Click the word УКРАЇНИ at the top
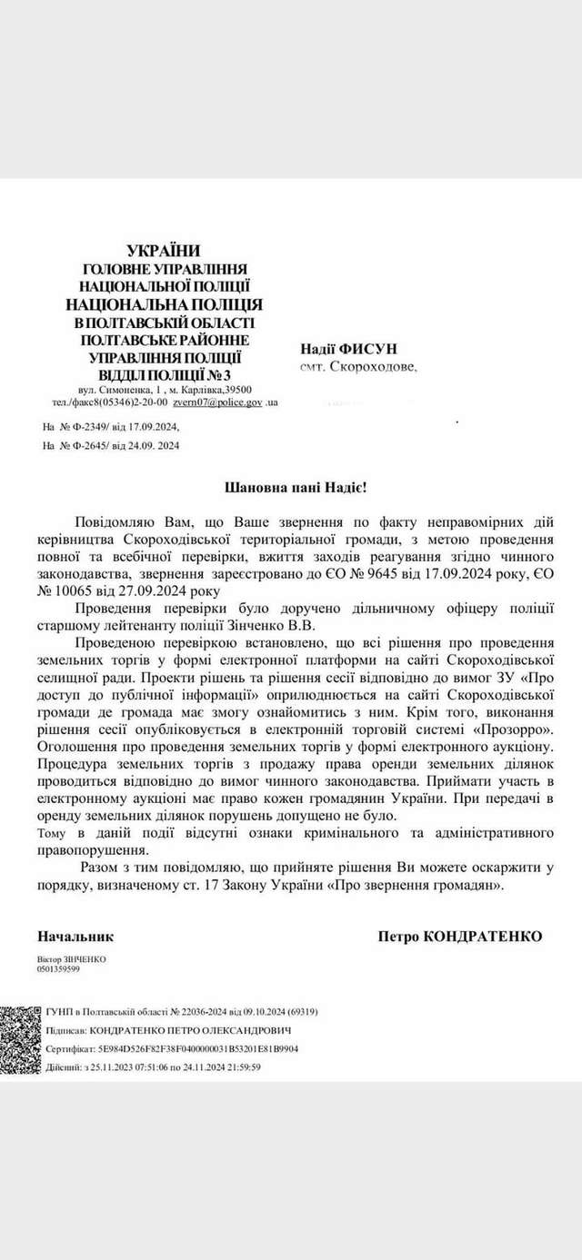click(163, 250)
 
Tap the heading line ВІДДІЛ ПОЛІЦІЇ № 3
click(163, 374)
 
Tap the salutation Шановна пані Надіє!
click(296, 488)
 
